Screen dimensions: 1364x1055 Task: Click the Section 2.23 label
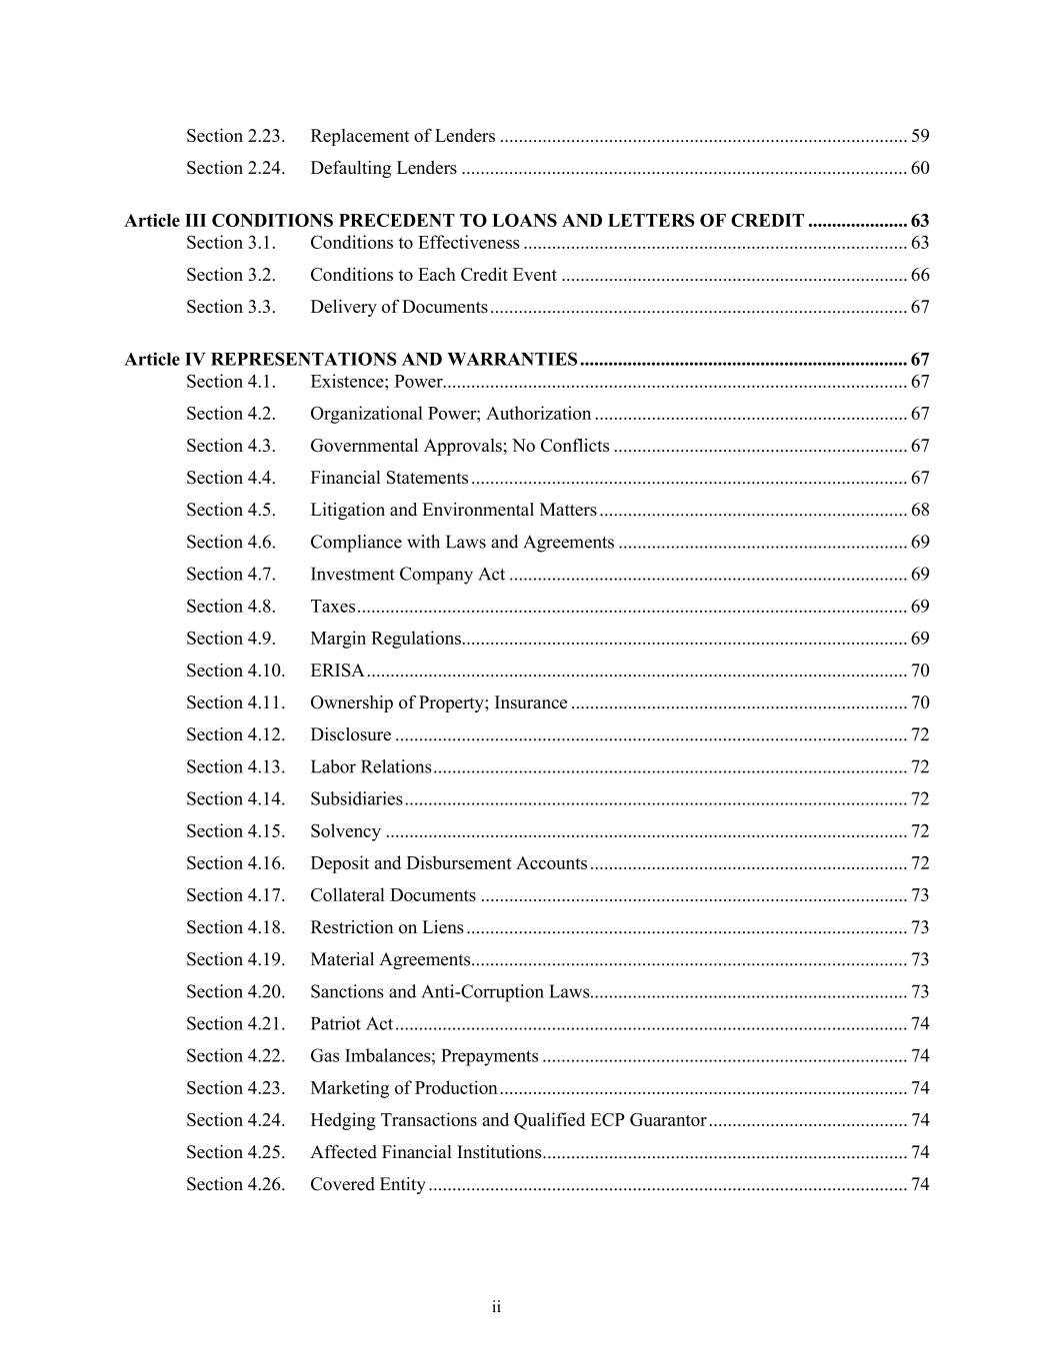(x=235, y=136)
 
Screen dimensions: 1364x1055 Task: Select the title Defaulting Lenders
(x=383, y=168)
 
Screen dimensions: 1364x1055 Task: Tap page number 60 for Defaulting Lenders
(x=920, y=168)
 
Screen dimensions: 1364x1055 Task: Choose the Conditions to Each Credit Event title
(x=433, y=275)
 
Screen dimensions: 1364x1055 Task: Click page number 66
(x=920, y=275)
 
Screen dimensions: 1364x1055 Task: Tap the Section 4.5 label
(x=230, y=510)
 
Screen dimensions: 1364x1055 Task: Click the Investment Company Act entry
(x=407, y=575)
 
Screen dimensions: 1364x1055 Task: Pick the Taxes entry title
(x=332, y=607)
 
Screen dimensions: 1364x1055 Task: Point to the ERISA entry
(x=337, y=671)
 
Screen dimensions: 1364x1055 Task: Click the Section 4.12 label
(x=235, y=734)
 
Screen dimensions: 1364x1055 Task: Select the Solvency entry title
(x=345, y=831)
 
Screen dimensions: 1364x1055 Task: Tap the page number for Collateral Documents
(x=920, y=895)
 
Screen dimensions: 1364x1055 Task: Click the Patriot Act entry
(x=351, y=1024)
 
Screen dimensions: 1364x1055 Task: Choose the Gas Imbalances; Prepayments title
(x=424, y=1056)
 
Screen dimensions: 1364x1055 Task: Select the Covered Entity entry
(x=368, y=1184)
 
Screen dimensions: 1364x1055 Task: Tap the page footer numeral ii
(x=496, y=1307)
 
